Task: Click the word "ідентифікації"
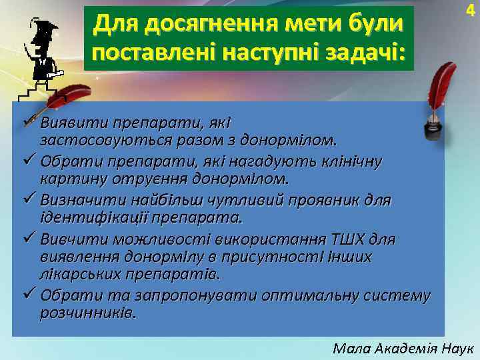coord(93,218)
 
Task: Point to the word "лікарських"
coord(73,274)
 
